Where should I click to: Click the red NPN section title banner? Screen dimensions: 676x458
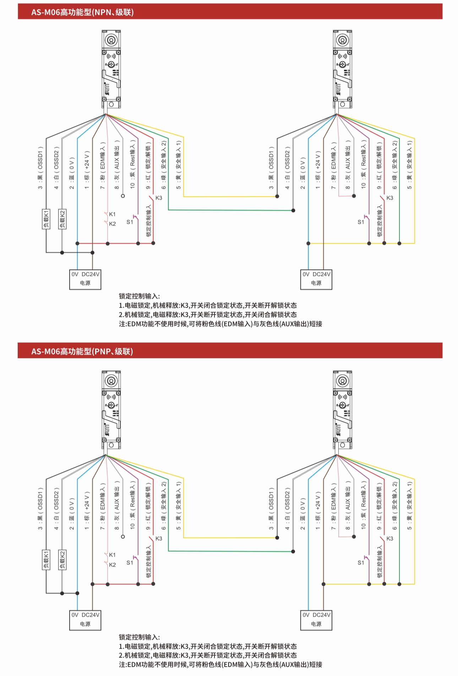(x=230, y=12)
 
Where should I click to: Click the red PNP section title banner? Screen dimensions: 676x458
(x=230, y=351)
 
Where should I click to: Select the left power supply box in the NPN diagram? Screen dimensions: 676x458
(x=85, y=279)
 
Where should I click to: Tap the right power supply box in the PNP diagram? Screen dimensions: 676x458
(x=316, y=620)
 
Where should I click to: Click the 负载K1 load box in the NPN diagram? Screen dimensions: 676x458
(x=46, y=219)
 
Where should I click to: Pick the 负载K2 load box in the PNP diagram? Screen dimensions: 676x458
(x=62, y=559)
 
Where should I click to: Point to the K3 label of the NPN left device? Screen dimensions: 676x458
(x=159, y=198)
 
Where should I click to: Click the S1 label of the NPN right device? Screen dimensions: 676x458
(x=361, y=222)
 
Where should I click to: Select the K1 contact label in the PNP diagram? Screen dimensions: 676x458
(x=112, y=555)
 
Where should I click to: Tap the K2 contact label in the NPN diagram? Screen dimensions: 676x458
(x=112, y=224)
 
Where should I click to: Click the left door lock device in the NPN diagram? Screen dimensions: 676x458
(x=111, y=69)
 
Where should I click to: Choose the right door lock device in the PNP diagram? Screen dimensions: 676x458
(x=342, y=410)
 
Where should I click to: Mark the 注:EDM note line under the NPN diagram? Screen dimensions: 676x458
(x=220, y=324)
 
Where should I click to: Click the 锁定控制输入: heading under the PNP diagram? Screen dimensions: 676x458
(x=139, y=637)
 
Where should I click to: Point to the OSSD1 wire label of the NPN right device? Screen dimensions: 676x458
(x=271, y=167)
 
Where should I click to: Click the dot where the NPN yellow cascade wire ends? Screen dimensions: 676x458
(x=277, y=196)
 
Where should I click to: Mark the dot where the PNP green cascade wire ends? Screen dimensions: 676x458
(x=293, y=551)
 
